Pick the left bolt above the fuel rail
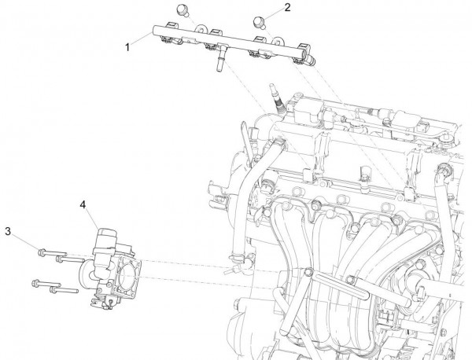click(x=182, y=9)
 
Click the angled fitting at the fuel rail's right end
click(x=313, y=58)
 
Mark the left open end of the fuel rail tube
click(x=151, y=29)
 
